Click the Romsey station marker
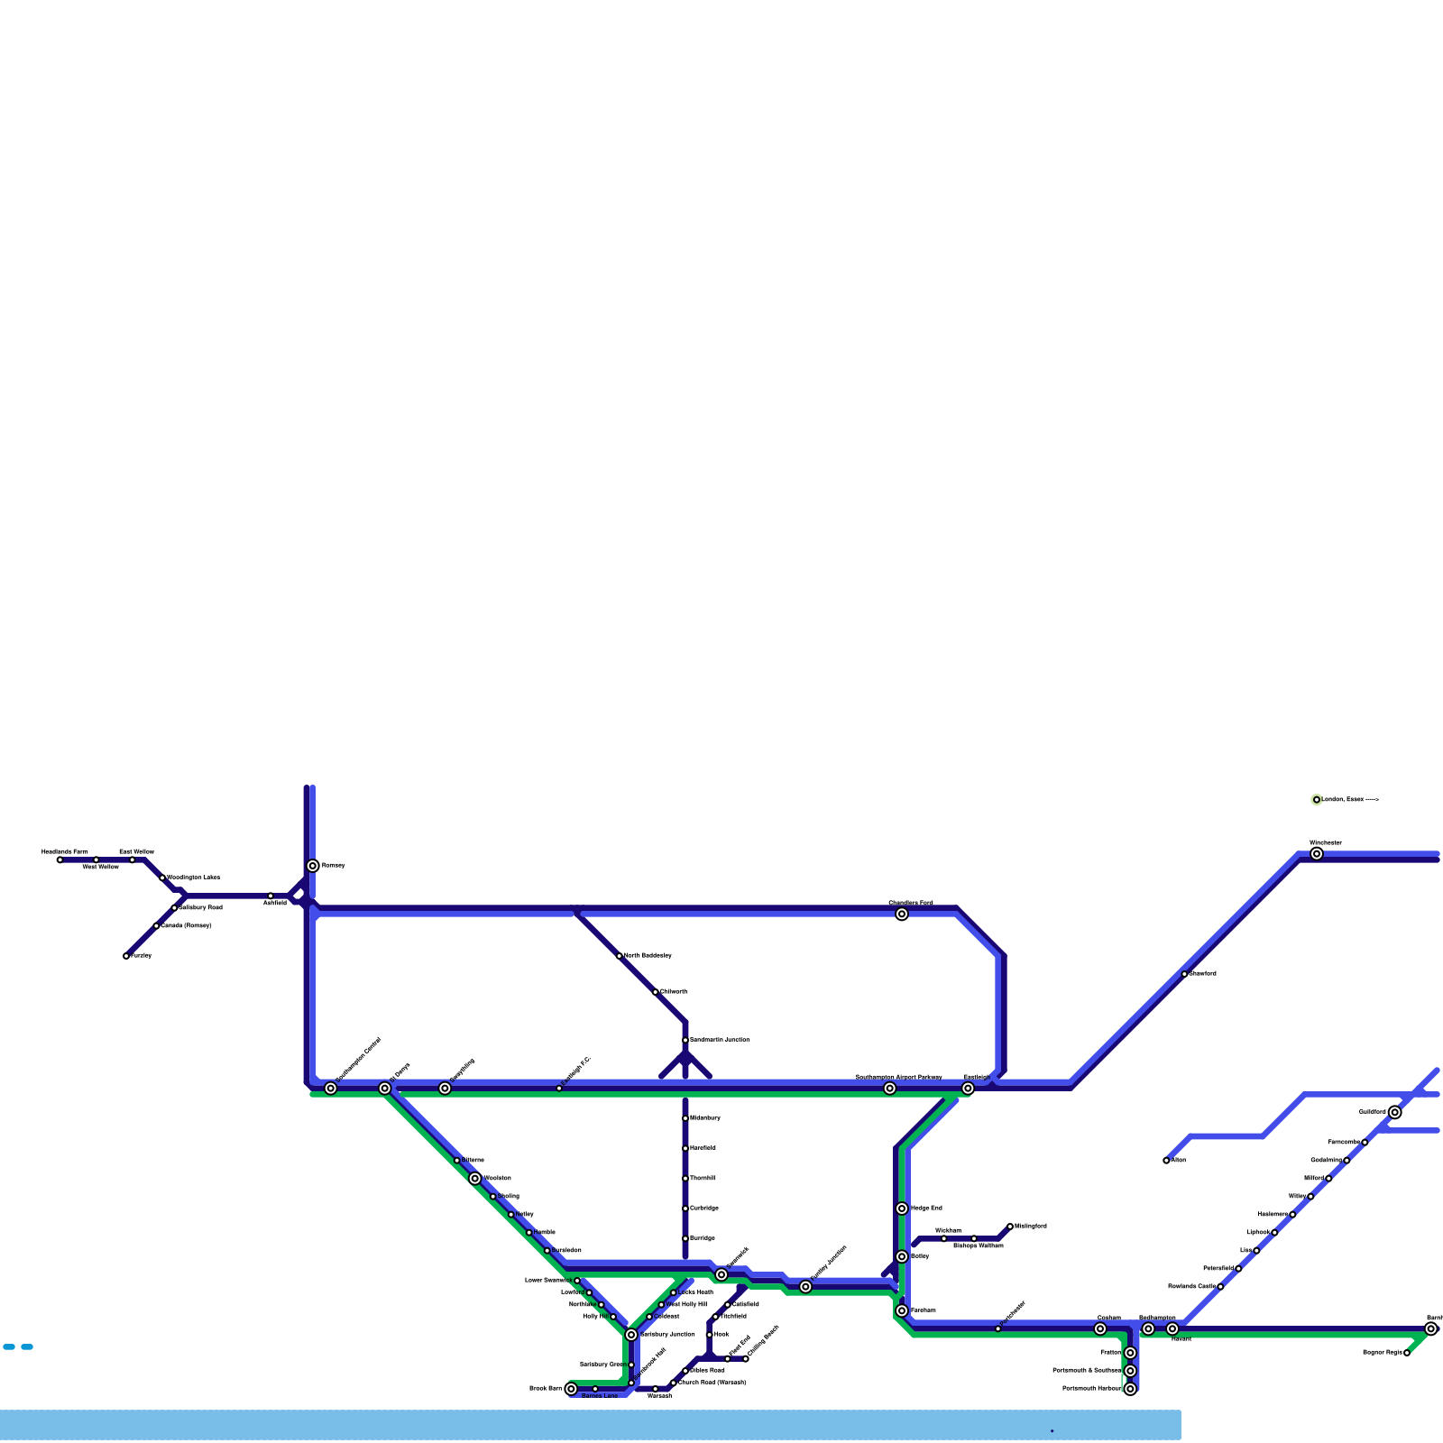click(x=313, y=866)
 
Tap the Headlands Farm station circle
click(x=60, y=859)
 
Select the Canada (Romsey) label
click(x=186, y=925)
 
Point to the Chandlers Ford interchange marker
click(x=902, y=915)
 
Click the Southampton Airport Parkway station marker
click(x=890, y=1089)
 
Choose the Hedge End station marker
click(x=902, y=1209)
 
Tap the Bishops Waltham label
click(x=978, y=1245)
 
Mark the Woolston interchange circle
click(x=475, y=1179)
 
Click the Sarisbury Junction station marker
click(x=631, y=1335)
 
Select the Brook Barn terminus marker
click(x=571, y=1389)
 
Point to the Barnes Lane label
click(x=600, y=1396)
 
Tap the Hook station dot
click(x=710, y=1335)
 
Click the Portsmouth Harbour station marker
click(x=1130, y=1389)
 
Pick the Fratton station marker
click(x=1130, y=1353)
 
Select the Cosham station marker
click(x=1100, y=1328)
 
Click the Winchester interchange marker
click(x=1317, y=854)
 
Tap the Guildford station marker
click(x=1395, y=1112)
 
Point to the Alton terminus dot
click(x=1166, y=1161)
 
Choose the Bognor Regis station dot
click(x=1407, y=1353)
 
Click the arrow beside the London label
click(x=1372, y=800)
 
